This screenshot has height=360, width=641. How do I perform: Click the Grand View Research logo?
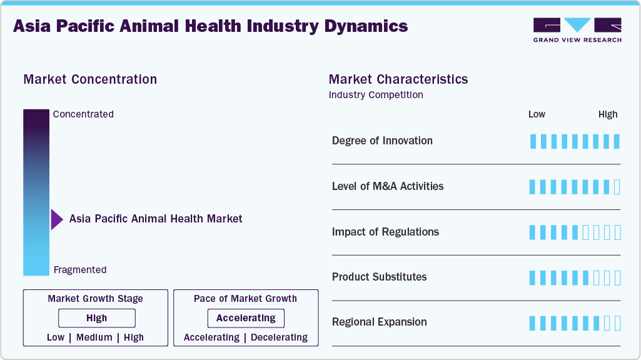(577, 30)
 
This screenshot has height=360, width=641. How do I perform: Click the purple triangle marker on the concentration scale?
(57, 219)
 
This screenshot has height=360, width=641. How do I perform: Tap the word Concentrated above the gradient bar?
(83, 114)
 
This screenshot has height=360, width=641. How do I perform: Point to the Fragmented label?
(80, 270)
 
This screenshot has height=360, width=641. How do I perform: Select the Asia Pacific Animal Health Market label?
(156, 219)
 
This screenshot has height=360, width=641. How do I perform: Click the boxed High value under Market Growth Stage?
(97, 318)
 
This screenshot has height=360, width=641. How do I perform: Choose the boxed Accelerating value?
(246, 318)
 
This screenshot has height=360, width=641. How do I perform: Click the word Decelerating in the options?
(279, 337)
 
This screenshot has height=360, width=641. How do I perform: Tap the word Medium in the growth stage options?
(94, 337)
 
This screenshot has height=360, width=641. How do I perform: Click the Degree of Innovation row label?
(382, 141)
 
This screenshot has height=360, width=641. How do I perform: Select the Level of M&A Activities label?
(388, 186)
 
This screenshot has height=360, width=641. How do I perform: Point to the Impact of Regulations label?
(385, 232)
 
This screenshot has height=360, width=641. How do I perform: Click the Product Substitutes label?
(379, 277)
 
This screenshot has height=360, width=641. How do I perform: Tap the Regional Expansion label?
(379, 322)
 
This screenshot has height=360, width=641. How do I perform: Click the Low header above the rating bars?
(537, 114)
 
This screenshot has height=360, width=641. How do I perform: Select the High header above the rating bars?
(608, 114)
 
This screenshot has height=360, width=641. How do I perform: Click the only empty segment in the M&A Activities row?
(617, 187)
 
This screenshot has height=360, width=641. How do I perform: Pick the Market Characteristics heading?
(398, 79)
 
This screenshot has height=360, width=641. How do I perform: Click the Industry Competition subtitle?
(376, 95)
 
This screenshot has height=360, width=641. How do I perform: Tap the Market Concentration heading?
(90, 79)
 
